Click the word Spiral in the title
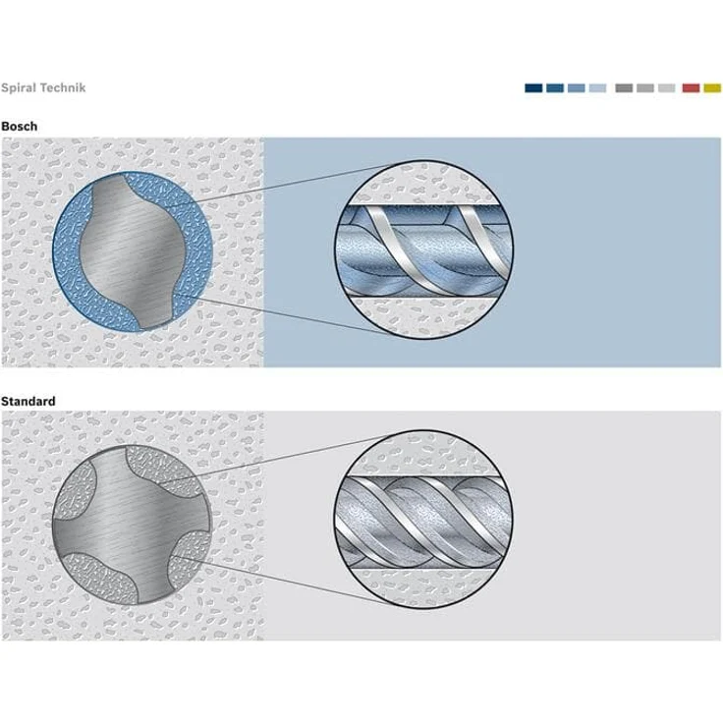click(x=20, y=87)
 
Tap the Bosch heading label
click(x=19, y=127)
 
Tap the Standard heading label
click(x=28, y=401)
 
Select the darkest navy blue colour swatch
click(x=533, y=88)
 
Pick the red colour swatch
click(x=691, y=88)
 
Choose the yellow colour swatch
click(x=712, y=88)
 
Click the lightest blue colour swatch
click(x=597, y=88)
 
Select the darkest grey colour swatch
click(x=624, y=88)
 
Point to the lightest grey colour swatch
click(x=666, y=88)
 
